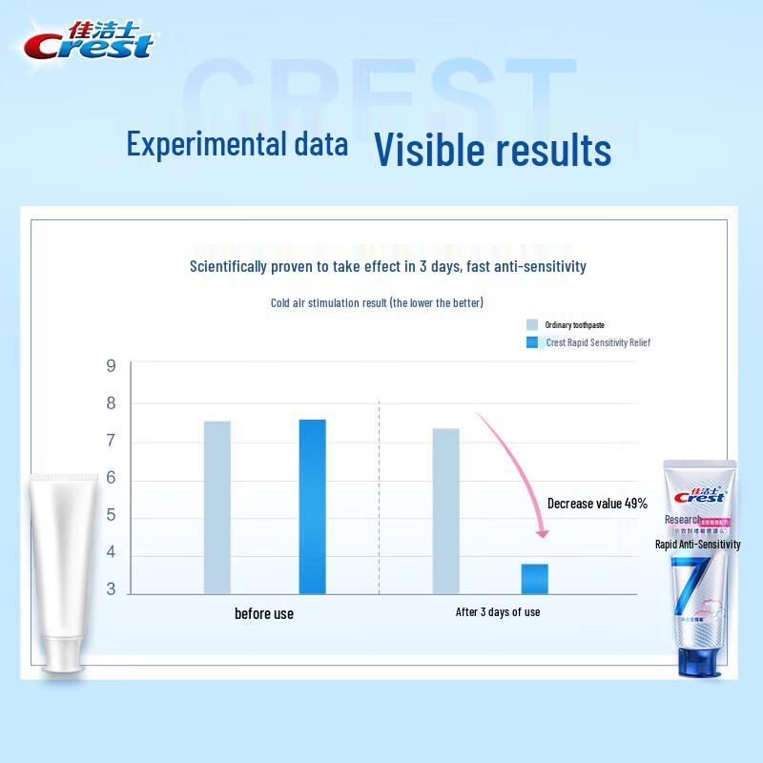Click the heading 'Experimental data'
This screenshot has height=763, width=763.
(x=237, y=145)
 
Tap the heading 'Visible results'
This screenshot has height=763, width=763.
(x=491, y=149)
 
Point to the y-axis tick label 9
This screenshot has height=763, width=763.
(x=111, y=366)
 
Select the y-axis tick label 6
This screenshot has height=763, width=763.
(x=111, y=479)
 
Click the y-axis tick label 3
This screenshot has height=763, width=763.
(x=111, y=590)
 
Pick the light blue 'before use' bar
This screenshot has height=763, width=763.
(x=217, y=506)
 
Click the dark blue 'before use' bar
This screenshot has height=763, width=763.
(x=312, y=505)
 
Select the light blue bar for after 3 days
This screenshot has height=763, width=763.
(x=445, y=510)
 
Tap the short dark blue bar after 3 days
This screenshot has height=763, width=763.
(x=534, y=578)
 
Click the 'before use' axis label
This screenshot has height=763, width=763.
(x=264, y=613)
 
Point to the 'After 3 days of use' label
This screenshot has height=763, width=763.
(x=498, y=612)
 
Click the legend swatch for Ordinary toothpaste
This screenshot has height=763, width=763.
(x=532, y=325)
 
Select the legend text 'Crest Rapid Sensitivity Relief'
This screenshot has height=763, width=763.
(x=598, y=342)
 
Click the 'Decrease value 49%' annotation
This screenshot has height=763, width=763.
(x=597, y=504)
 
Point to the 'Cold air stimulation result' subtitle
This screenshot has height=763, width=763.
(x=377, y=303)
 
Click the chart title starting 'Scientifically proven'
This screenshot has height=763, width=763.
(x=388, y=266)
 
